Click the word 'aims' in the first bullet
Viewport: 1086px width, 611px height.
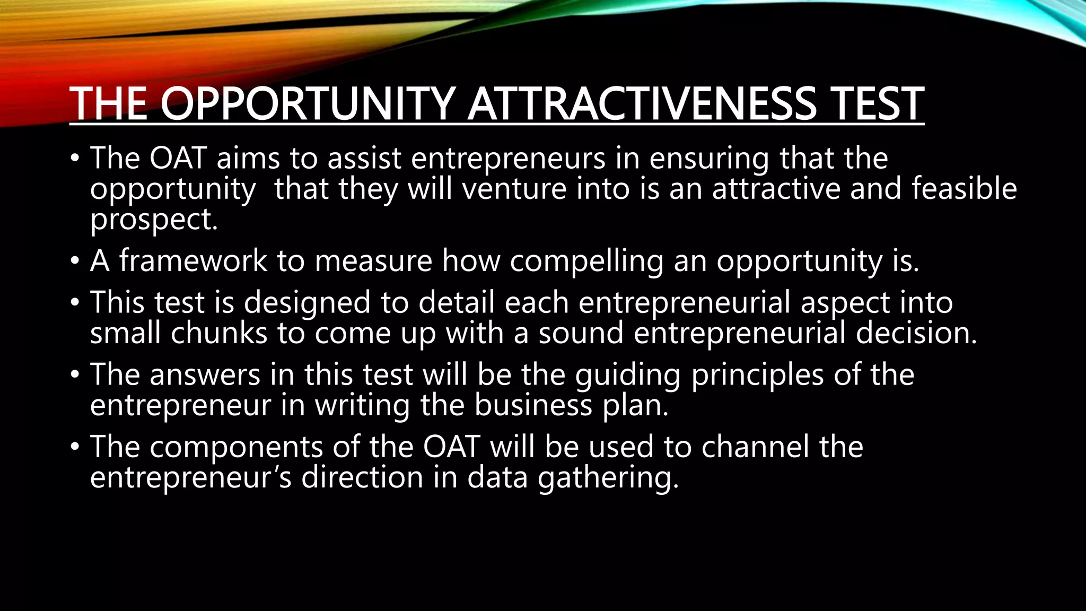(x=248, y=158)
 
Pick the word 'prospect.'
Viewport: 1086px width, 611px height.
(x=154, y=220)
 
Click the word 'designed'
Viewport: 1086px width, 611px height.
(x=307, y=303)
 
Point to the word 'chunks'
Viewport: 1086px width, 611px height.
(x=219, y=333)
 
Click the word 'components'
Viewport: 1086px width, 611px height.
(x=237, y=447)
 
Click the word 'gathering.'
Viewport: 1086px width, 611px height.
(x=608, y=478)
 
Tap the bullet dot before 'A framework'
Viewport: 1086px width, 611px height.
(x=75, y=261)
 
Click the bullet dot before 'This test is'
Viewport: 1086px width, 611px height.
(x=75, y=302)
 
